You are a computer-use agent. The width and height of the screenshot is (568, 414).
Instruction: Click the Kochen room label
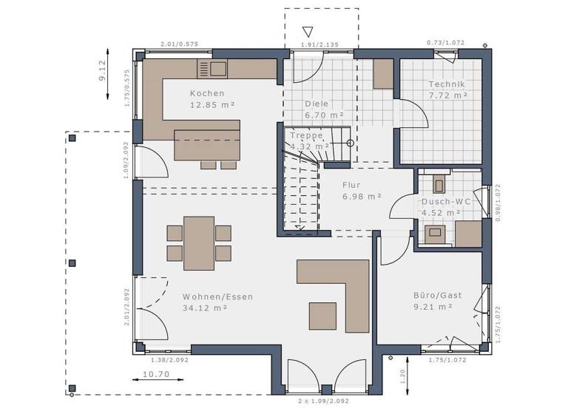pos(206,94)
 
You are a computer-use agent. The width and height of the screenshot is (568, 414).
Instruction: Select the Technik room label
pos(447,84)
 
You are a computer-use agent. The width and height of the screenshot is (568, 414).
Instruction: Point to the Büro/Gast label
pos(437,295)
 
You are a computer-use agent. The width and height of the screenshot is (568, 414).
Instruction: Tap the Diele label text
pos(317,104)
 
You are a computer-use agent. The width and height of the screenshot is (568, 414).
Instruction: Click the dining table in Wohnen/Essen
pos(199,243)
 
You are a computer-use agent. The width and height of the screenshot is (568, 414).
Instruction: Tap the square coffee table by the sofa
pos(322,316)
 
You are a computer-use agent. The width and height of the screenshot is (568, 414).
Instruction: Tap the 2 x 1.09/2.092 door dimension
pos(323,400)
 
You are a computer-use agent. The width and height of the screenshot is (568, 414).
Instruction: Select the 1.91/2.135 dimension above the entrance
pos(319,45)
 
